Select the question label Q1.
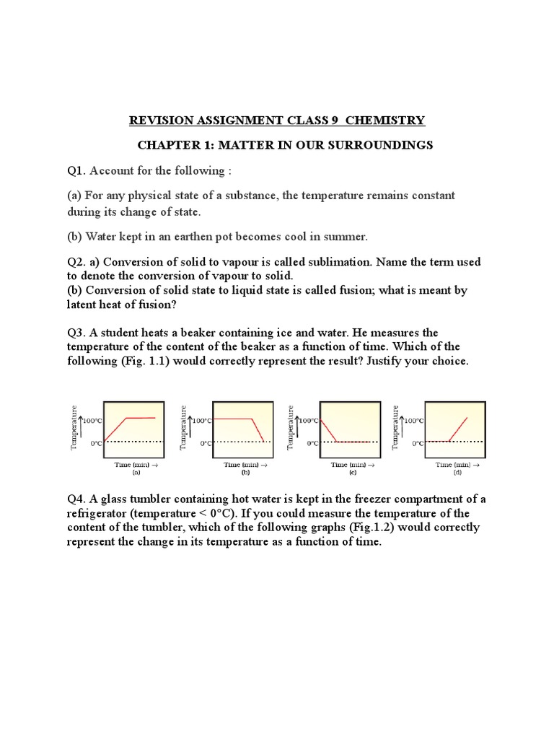click(x=76, y=170)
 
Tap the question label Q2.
click(x=76, y=262)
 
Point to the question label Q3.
click(x=76, y=333)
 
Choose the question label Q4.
click(x=76, y=499)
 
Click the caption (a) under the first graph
click(x=136, y=473)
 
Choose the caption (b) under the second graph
click(x=245, y=473)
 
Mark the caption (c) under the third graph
click(x=353, y=473)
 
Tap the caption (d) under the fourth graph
click(x=457, y=473)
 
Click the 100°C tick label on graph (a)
click(x=93, y=420)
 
